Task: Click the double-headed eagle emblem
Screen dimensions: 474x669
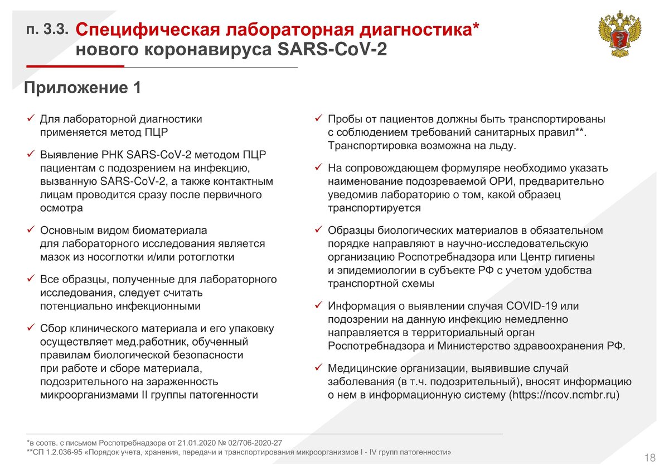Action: (619, 34)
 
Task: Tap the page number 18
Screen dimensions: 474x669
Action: (649, 458)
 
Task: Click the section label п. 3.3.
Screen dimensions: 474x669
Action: (48, 30)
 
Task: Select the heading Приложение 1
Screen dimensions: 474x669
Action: (82, 88)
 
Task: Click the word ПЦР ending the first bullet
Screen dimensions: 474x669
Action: (156, 132)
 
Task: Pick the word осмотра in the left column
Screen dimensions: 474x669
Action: (61, 208)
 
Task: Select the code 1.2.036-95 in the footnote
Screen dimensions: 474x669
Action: (63, 452)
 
